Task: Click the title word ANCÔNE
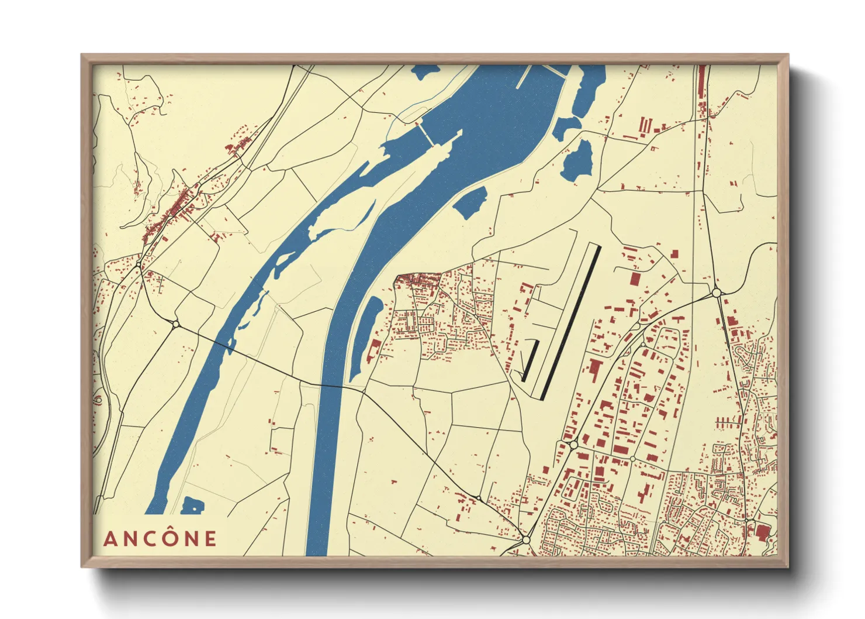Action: tap(160, 538)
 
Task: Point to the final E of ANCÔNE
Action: tap(210, 539)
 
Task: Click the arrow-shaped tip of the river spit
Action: tap(459, 134)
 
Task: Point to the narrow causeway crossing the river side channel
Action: tap(426, 134)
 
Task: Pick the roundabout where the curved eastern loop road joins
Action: tap(717, 293)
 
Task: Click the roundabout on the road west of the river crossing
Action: tap(175, 324)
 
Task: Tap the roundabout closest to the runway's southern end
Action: tap(573, 445)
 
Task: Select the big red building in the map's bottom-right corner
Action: tap(762, 532)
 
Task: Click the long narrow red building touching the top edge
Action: tap(702, 88)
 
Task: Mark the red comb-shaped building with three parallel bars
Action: tap(644, 126)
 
